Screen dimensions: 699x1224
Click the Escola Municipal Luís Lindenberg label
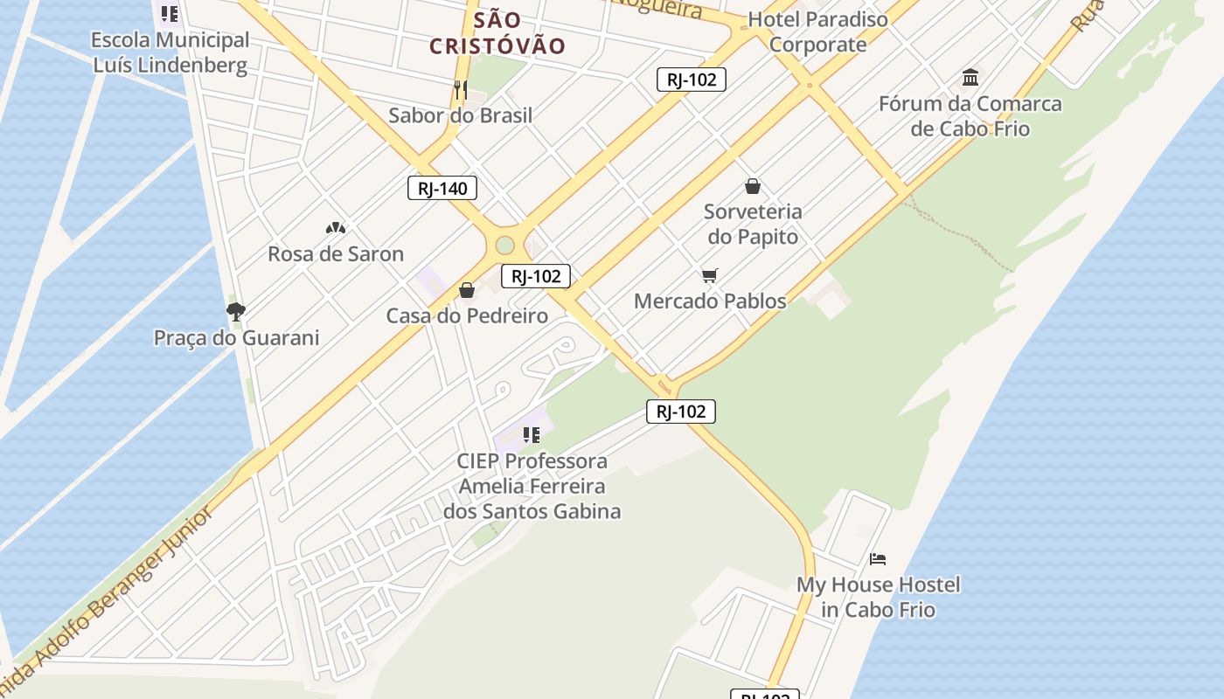pyautogui.click(x=170, y=52)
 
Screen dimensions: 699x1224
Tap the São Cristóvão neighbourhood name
pyautogui.click(x=497, y=33)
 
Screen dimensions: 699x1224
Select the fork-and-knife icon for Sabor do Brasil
pyautogui.click(x=461, y=89)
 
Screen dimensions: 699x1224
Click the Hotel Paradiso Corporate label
pyautogui.click(x=817, y=31)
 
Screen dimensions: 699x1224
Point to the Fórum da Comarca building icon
pyautogui.click(x=970, y=77)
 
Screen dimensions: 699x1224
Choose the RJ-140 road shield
pyautogui.click(x=442, y=188)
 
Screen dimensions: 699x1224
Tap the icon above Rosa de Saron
pyautogui.click(x=336, y=228)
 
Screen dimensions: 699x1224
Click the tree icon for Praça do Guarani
pyautogui.click(x=236, y=311)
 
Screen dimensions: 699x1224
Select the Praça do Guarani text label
pyautogui.click(x=236, y=337)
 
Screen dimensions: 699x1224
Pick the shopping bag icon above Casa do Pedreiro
pyautogui.click(x=467, y=290)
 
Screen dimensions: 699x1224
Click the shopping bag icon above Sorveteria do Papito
pyautogui.click(x=753, y=186)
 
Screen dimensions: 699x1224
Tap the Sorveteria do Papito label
pyautogui.click(x=753, y=224)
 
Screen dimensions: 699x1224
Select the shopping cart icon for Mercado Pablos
pyautogui.click(x=710, y=276)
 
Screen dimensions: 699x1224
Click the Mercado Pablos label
pyautogui.click(x=710, y=301)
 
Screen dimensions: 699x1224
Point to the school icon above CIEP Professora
pyautogui.click(x=532, y=434)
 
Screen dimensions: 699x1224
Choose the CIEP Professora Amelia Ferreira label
pyautogui.click(x=532, y=486)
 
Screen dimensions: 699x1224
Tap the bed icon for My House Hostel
pyautogui.click(x=878, y=559)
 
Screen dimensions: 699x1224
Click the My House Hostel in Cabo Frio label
pyautogui.click(x=878, y=597)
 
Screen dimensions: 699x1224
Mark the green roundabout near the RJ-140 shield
pyautogui.click(x=504, y=245)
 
